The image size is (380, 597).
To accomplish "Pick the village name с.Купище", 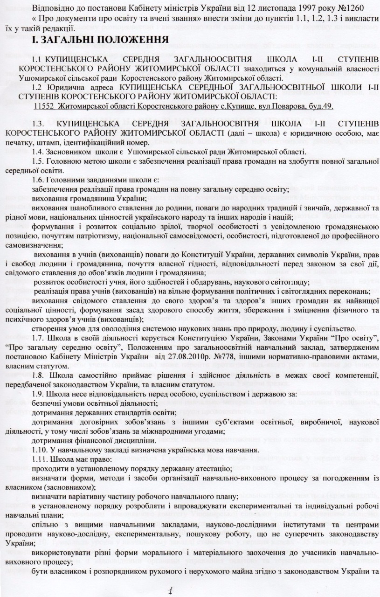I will (240, 106).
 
